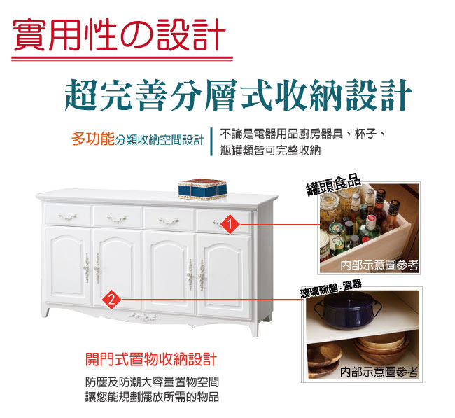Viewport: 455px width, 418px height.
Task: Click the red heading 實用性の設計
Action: (119, 35)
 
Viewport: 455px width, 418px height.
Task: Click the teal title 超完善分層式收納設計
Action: (238, 95)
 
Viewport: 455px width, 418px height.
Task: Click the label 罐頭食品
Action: (334, 186)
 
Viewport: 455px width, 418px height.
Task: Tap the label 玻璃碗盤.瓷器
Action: (331, 286)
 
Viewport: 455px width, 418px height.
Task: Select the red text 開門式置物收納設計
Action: (150, 360)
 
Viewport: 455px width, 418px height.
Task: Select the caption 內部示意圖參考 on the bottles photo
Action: (379, 265)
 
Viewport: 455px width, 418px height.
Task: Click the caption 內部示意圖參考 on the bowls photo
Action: (379, 372)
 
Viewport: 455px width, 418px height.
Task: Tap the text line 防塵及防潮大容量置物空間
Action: (150, 382)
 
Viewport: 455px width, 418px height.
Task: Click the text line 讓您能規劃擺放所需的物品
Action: (150, 397)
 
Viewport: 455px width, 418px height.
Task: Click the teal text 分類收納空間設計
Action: (160, 139)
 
